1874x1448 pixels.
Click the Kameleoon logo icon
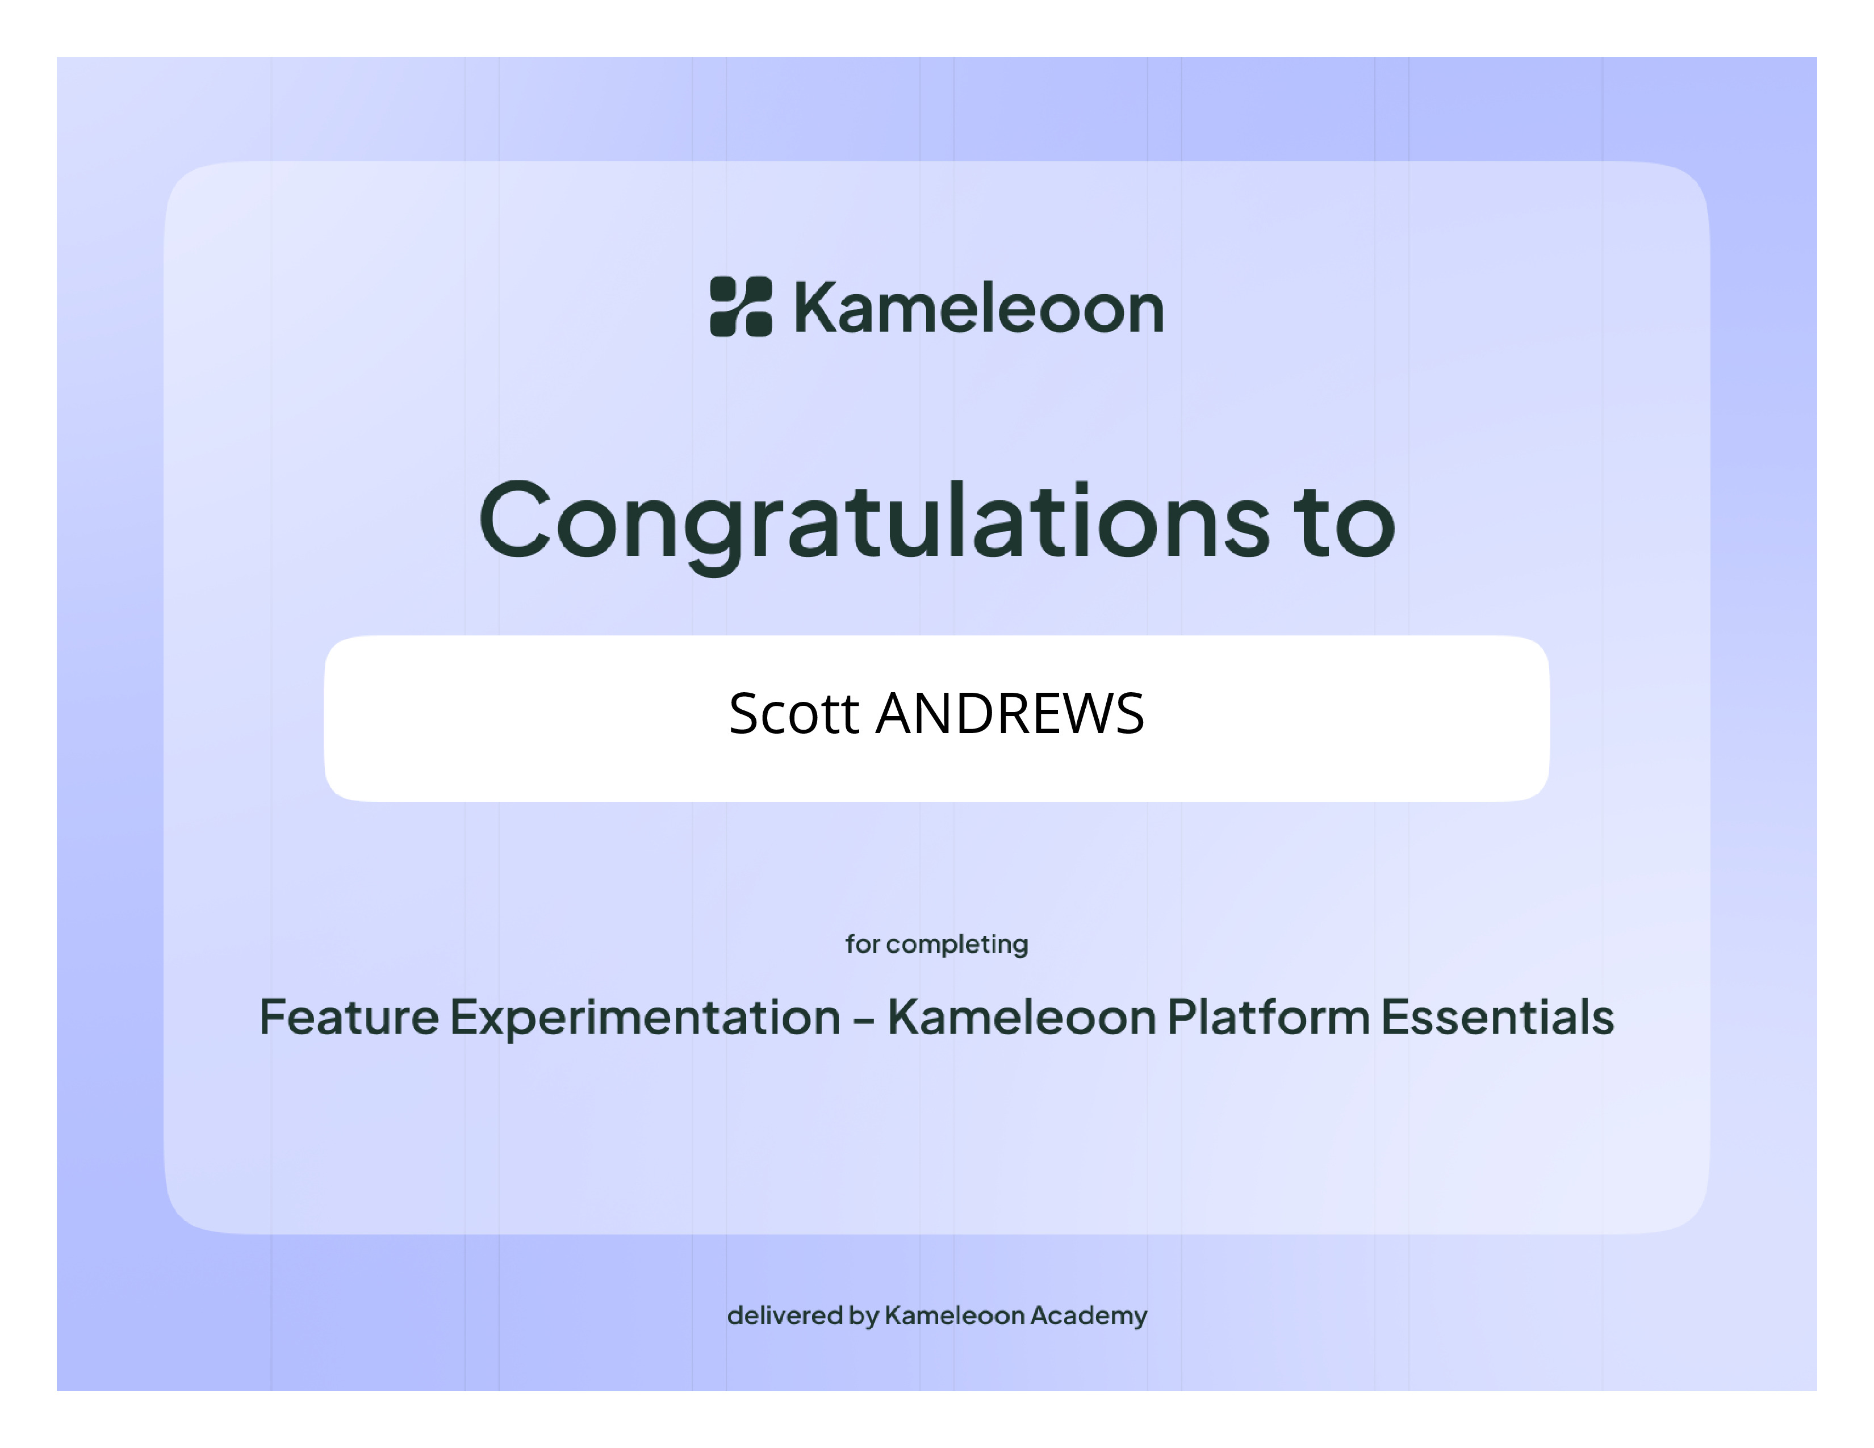(x=741, y=306)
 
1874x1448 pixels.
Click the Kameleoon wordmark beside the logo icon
(x=979, y=307)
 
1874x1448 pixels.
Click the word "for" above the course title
(x=863, y=944)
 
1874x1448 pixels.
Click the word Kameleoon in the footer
(x=954, y=1315)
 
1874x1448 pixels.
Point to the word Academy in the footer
(x=1089, y=1317)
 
